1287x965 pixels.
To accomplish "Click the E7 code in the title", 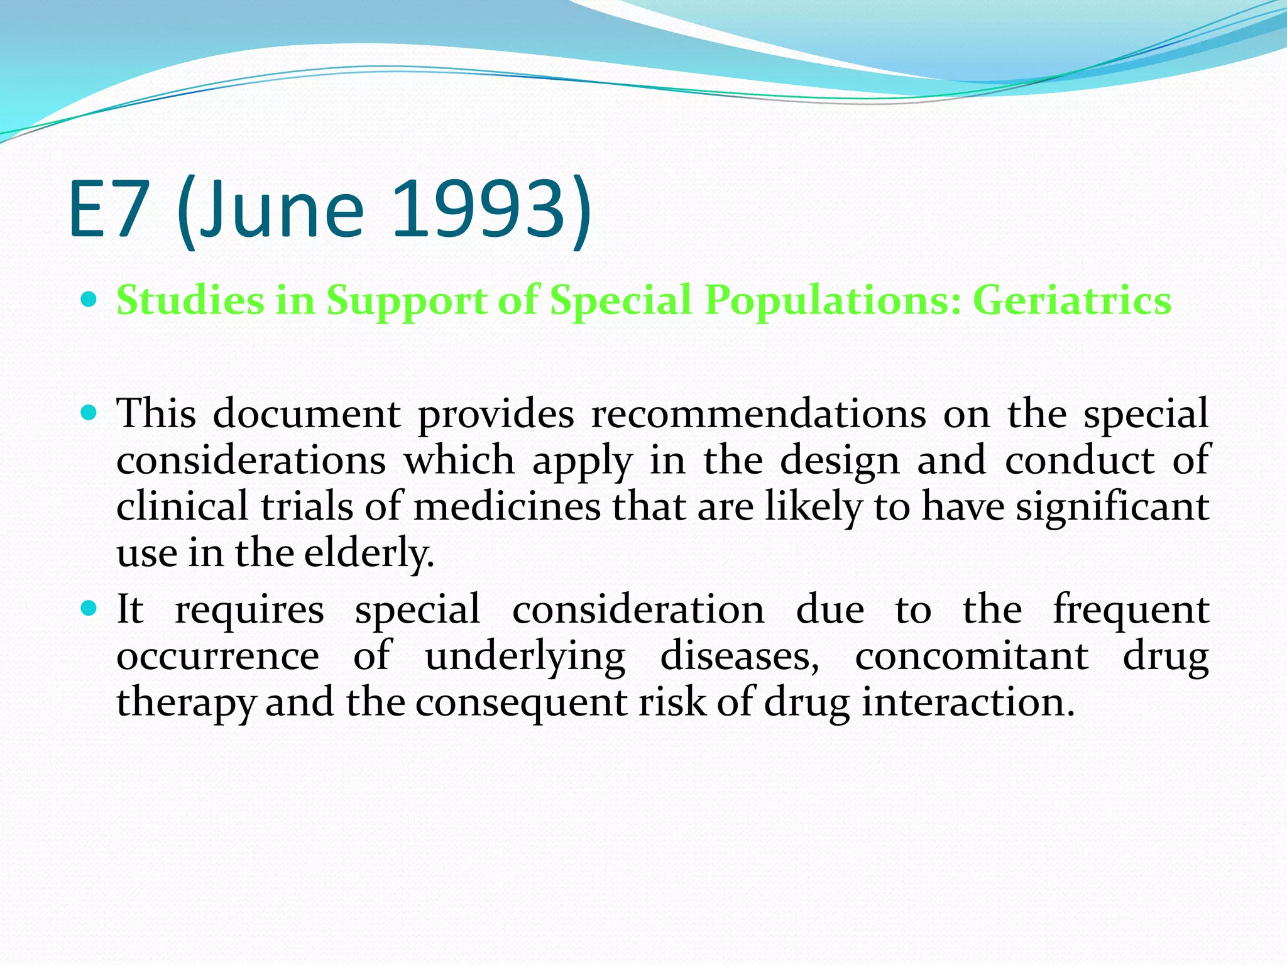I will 108,210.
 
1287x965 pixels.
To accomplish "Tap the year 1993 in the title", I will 479,210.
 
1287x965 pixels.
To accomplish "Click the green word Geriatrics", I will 1072,300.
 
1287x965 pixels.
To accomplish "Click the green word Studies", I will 190,300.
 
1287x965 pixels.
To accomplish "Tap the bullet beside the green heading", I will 89,299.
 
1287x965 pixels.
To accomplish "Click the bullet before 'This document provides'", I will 89,413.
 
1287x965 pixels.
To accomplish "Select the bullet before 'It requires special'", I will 89,608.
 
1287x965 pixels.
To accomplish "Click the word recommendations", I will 758,414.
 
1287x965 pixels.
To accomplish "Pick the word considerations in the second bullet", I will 251,461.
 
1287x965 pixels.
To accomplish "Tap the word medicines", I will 507,507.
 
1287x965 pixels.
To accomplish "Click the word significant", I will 1112,507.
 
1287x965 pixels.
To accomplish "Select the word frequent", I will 1131,610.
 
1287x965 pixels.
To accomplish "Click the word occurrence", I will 217,657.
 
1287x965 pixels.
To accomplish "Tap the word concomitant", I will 972,657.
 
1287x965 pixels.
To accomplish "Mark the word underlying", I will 525,657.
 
